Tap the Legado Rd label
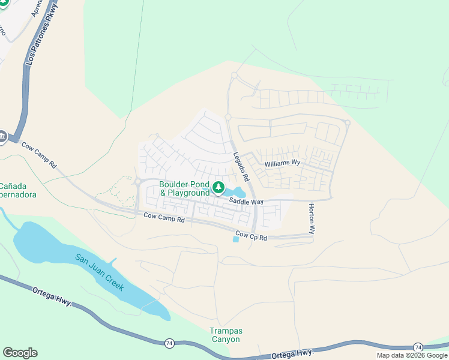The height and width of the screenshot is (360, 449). coord(241,166)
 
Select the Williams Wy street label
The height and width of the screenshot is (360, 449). coord(282,163)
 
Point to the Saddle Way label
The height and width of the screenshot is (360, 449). coord(246,202)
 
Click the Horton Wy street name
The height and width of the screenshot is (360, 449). coord(312,218)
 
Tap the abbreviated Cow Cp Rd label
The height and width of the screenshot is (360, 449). coord(252,236)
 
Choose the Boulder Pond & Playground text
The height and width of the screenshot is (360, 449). coord(184,188)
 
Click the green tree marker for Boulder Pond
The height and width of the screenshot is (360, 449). coord(218,188)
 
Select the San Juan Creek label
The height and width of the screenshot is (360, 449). coord(100,272)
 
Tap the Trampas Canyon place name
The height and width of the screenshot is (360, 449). coord(224,335)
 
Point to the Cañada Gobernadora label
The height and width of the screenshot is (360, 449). coord(18,190)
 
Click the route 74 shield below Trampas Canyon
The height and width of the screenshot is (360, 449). coord(170,343)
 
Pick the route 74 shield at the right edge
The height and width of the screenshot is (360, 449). coord(417,347)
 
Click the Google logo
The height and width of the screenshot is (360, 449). coord(20,353)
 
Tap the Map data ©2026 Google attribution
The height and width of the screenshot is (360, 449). coord(412,355)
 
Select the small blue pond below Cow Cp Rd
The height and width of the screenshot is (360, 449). coord(235,239)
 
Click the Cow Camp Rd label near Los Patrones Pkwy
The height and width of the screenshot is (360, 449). coord(38,154)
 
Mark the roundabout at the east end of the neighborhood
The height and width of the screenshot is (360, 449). coord(347,123)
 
